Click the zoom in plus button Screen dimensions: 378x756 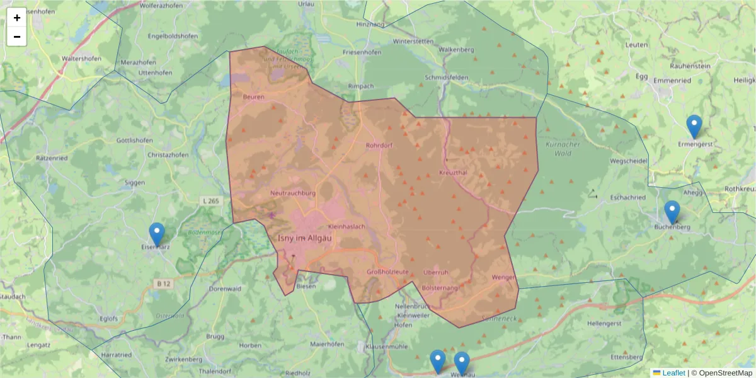(17, 18)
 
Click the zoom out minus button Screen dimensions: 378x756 (17, 37)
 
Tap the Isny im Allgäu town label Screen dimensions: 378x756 (305, 238)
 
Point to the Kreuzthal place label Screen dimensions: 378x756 (452, 172)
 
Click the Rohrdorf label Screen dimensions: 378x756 (379, 146)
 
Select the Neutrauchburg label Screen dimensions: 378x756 (292, 193)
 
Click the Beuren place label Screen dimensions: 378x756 (253, 97)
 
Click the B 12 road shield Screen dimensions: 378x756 (163, 284)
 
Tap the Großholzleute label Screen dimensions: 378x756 (387, 272)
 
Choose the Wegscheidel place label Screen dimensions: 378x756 (629, 161)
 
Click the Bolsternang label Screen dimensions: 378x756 (440, 287)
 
